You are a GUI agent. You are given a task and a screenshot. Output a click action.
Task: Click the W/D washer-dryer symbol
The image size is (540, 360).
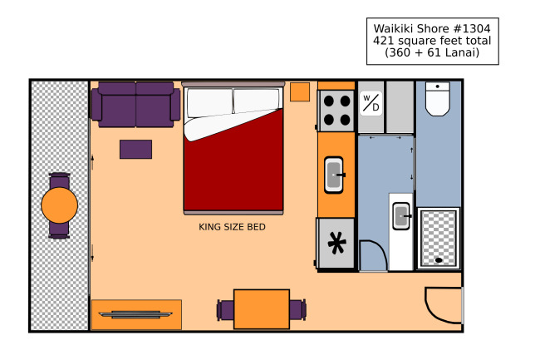(371, 103)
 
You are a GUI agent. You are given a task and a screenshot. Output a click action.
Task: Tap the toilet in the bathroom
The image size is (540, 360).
(437, 99)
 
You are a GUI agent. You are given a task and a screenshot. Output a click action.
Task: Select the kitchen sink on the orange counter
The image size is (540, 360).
(334, 175)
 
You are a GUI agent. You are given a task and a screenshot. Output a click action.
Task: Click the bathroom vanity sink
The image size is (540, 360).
(401, 216)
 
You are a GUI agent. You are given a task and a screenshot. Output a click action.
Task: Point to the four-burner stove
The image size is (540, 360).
(336, 111)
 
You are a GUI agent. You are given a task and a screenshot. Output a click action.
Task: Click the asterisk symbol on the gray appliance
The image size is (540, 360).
(336, 243)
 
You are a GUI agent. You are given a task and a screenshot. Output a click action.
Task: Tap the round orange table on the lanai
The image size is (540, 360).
(59, 205)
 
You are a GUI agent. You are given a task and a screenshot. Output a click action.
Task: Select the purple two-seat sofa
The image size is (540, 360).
(135, 105)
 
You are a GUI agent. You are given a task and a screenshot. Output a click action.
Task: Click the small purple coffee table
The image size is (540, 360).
(135, 149)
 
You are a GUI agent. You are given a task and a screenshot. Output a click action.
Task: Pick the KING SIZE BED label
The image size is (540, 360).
(232, 227)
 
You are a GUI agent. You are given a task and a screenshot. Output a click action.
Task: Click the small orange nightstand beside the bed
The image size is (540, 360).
(300, 92)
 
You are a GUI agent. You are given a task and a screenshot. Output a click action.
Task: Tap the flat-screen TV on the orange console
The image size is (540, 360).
(135, 314)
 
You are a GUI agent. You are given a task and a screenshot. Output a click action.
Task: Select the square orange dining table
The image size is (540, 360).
(262, 309)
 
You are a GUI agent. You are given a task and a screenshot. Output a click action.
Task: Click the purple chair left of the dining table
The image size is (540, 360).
(225, 310)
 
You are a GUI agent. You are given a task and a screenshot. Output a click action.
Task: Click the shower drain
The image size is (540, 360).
(439, 260)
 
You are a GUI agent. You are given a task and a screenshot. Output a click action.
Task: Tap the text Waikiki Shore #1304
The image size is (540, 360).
(432, 28)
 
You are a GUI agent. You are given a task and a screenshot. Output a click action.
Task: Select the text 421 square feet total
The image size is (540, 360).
(432, 41)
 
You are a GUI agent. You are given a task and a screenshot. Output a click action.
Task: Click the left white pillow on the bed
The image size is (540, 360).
(209, 102)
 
